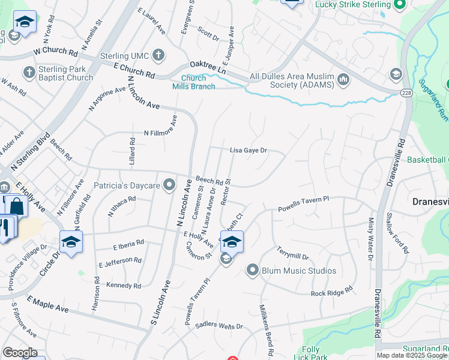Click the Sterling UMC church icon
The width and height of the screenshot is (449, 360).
[158, 56]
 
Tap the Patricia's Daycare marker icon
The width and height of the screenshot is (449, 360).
[170, 185]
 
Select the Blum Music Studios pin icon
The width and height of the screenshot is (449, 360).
[252, 271]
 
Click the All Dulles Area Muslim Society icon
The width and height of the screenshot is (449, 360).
[344, 79]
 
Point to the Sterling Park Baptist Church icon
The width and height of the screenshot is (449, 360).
[28, 73]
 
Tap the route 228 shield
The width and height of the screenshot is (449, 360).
[407, 91]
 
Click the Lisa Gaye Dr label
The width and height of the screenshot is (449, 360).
[248, 151]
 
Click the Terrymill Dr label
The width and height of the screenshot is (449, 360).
[292, 253]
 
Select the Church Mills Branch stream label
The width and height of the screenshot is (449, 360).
[198, 82]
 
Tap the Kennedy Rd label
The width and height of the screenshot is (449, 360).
[124, 286]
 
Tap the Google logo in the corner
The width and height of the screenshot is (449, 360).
[20, 353]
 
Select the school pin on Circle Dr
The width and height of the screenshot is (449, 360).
[71, 242]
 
